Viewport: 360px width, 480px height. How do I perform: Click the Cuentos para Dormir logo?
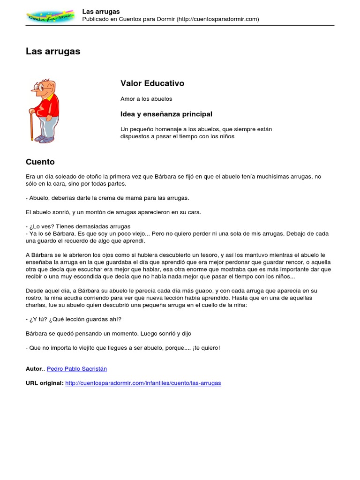[50, 15]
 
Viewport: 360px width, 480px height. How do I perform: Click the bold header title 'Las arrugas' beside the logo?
[101, 11]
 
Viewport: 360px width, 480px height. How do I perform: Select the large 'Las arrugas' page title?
[53, 52]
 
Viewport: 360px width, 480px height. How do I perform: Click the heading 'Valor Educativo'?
[152, 83]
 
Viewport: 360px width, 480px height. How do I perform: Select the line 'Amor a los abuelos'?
[146, 99]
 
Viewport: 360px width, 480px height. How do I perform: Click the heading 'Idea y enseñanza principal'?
[166, 114]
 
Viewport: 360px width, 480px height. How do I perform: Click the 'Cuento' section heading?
[40, 162]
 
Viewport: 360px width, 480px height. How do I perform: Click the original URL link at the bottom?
[143, 383]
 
